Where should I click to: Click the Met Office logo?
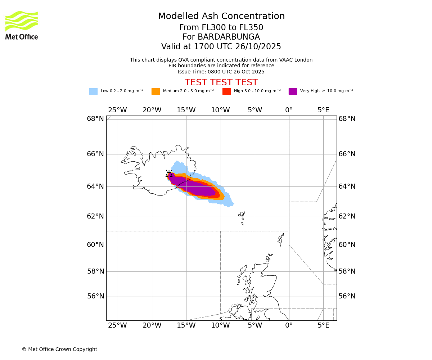click(x=22, y=25)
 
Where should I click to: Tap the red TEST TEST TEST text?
click(x=221, y=82)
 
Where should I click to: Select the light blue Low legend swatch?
click(x=93, y=91)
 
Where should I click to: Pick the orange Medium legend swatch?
click(x=156, y=91)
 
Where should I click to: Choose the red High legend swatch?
click(x=226, y=91)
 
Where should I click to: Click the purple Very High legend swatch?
click(x=293, y=91)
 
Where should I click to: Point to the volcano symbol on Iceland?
click(x=169, y=174)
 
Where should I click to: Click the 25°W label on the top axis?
click(x=117, y=110)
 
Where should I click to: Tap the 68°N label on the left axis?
click(x=95, y=119)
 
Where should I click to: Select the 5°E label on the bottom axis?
click(x=323, y=325)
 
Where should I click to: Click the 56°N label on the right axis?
click(x=347, y=296)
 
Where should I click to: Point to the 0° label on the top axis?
click(x=289, y=110)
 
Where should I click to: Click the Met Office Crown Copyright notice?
click(x=59, y=349)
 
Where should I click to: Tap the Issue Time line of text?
click(x=221, y=72)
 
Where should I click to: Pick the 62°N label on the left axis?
click(x=95, y=216)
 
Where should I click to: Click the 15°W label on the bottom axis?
click(x=186, y=325)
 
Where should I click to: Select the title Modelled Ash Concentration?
click(x=221, y=16)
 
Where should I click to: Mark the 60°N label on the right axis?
click(x=347, y=245)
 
